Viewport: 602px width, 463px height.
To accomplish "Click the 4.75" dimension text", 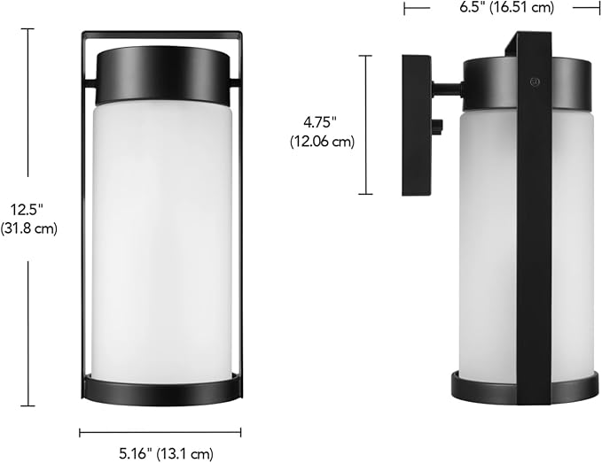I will (322, 121).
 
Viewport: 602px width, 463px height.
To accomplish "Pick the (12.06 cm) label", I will (322, 142).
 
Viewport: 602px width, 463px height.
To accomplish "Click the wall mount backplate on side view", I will (416, 125).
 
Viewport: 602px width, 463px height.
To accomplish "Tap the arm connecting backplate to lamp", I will (446, 89).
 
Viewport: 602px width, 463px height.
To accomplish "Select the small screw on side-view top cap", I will (534, 81).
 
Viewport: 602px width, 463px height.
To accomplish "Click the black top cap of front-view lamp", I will (161, 76).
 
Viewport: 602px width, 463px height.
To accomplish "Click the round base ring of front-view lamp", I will (161, 388).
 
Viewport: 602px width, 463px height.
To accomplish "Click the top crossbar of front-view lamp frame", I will (161, 35).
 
